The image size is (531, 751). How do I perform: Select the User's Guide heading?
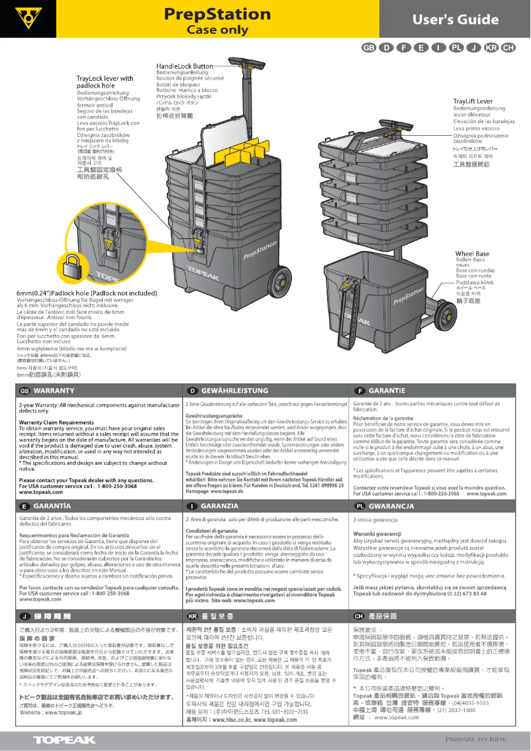pos(456,19)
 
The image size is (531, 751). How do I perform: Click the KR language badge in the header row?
pos(491,48)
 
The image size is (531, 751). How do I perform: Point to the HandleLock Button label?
pos(185,66)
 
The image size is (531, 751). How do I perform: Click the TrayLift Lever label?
pos(468,101)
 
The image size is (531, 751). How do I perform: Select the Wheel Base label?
pos(472,254)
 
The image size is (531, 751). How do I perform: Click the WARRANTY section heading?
pos(53,390)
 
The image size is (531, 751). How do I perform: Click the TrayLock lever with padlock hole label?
pos(105,82)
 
